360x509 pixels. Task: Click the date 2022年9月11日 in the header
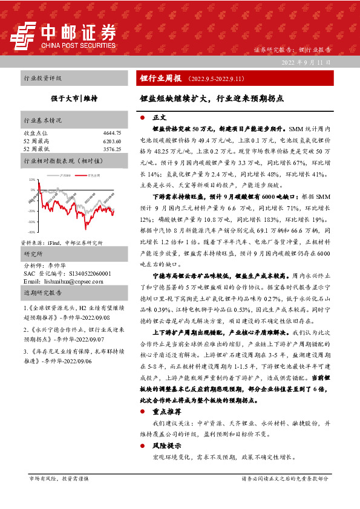pyautogui.click(x=307, y=62)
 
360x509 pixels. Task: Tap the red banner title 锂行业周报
pyautogui.click(x=160, y=79)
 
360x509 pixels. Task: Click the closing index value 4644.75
pyautogui.click(x=112, y=132)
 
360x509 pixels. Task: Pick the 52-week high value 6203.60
pyautogui.click(x=112, y=140)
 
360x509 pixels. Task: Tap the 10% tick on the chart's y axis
pyautogui.click(x=31, y=180)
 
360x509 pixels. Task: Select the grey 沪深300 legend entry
pyautogui.click(x=65, y=174)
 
